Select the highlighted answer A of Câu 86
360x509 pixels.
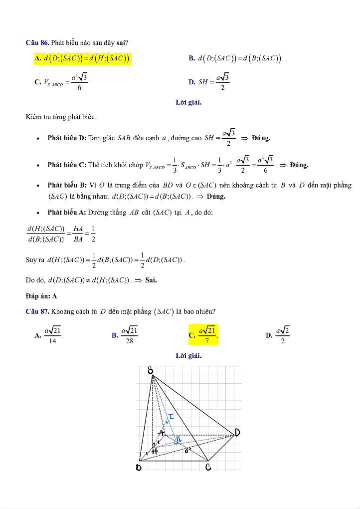coord(83,59)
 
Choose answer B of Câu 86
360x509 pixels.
coord(235,59)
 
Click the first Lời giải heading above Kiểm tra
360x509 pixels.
coord(188,103)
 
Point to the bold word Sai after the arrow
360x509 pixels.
coord(151,280)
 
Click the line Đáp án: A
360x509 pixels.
coord(41,295)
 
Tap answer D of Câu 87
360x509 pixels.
coord(278,335)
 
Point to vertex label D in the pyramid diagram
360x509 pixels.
coord(238,432)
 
